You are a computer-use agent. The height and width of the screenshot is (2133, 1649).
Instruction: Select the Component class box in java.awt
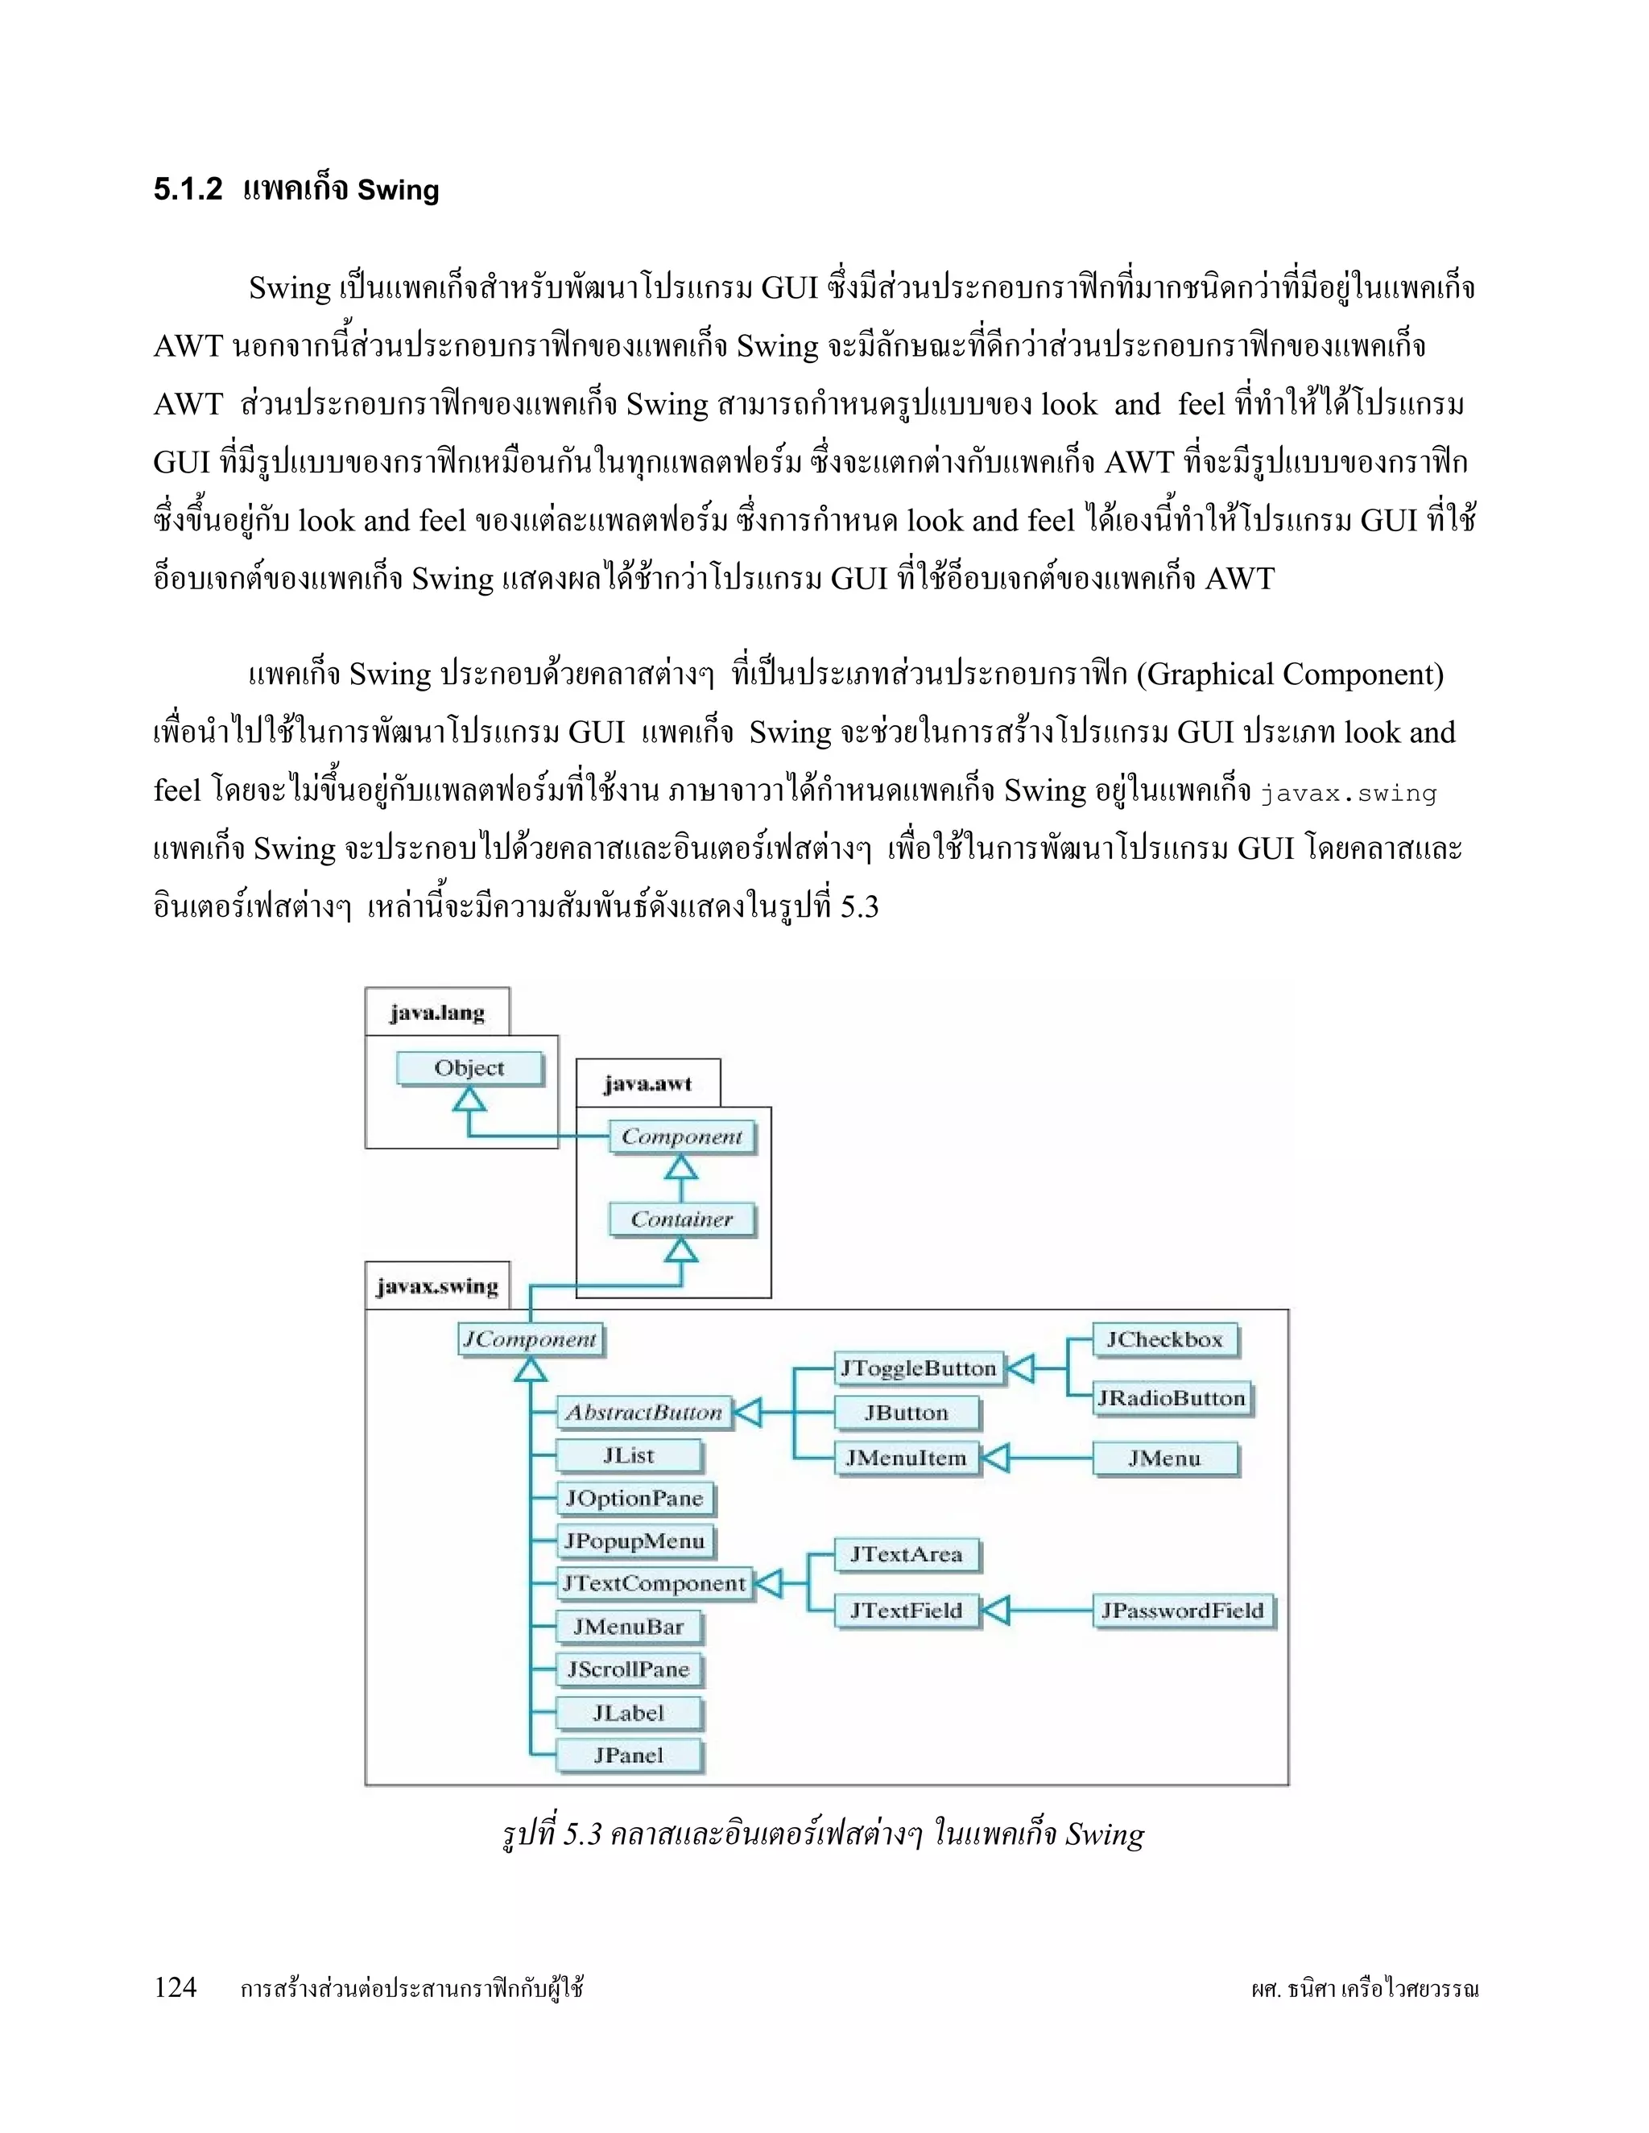(682, 1137)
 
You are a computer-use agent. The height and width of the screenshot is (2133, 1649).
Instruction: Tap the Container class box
(681, 1219)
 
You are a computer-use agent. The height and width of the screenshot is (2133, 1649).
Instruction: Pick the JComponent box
(531, 1339)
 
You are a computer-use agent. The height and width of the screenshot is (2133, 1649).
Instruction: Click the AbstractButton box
(644, 1413)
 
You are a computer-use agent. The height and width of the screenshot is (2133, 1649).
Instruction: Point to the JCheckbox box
(1164, 1339)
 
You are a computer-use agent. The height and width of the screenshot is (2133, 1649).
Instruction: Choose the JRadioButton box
(1172, 1397)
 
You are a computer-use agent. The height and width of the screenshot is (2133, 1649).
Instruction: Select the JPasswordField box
(1182, 1611)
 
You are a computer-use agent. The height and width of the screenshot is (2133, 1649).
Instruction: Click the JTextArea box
(906, 1553)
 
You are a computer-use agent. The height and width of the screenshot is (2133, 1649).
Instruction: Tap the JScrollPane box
(628, 1669)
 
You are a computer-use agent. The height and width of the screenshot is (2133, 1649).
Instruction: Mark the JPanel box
(628, 1755)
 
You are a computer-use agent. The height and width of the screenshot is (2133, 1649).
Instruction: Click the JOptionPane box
(634, 1498)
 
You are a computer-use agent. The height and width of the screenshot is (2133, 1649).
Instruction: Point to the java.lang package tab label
(436, 1013)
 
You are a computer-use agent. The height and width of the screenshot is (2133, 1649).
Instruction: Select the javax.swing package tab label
(436, 1286)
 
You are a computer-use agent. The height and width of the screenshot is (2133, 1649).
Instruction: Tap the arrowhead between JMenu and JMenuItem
(994, 1458)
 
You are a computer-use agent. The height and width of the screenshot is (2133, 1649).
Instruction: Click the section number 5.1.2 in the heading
(188, 189)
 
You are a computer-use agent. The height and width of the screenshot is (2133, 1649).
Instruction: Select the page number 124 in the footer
(176, 1987)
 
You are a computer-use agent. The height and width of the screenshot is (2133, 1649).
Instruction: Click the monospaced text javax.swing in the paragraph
(1348, 793)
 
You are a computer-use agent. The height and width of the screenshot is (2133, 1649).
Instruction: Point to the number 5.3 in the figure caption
(582, 1835)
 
